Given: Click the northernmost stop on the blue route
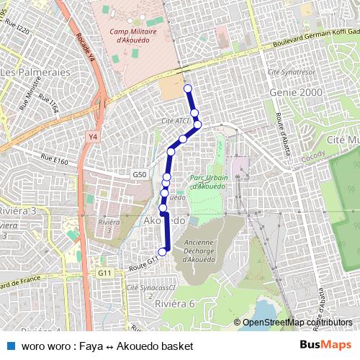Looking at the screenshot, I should pos(188,89).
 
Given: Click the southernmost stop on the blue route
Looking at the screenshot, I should pos(163,251).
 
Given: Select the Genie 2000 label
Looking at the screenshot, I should pos(292,94).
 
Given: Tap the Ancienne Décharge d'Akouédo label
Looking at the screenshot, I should pos(199,251).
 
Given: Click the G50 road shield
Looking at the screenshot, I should pos(140,175).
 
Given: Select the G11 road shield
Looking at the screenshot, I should pos(105,273).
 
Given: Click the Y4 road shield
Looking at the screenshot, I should pos(93,136).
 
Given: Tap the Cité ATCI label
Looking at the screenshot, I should pos(176,120).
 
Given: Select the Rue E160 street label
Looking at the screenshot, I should pos(54,162).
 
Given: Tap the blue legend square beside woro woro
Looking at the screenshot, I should pos(9,346).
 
